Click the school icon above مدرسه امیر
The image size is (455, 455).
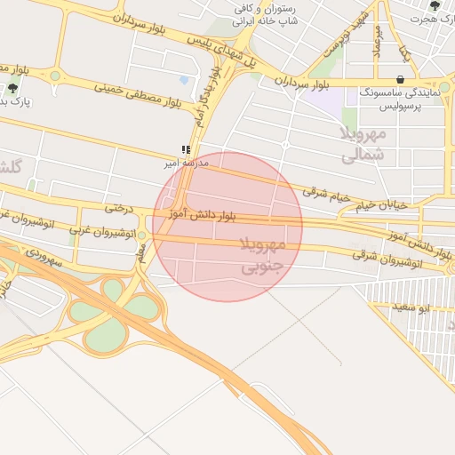[185, 150]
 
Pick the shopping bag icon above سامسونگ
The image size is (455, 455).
[402, 80]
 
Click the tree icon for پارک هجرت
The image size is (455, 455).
[435, 5]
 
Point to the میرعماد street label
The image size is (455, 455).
[377, 39]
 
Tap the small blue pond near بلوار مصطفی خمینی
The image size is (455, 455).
[184, 80]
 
